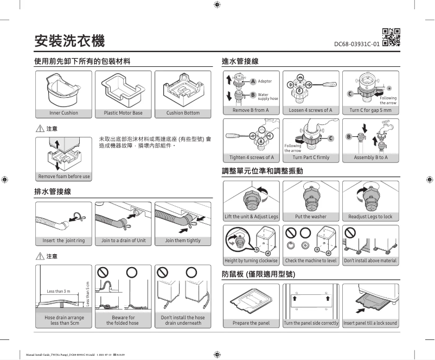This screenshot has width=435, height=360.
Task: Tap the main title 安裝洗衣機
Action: pyautogui.click(x=69, y=40)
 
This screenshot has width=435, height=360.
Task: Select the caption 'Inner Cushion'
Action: pyautogui.click(x=63, y=113)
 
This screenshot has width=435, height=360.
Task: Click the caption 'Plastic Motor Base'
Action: pyautogui.click(x=123, y=113)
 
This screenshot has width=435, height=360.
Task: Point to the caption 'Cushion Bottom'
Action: pyautogui.click(x=183, y=113)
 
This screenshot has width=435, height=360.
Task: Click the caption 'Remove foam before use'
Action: pyautogui.click(x=63, y=176)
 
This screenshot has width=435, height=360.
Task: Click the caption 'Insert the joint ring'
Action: pyautogui.click(x=63, y=241)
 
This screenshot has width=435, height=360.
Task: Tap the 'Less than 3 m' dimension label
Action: pyautogui.click(x=58, y=292)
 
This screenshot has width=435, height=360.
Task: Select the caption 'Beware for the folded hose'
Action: pyautogui.click(x=123, y=320)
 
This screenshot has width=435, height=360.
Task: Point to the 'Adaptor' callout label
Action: pyautogui.click(x=265, y=81)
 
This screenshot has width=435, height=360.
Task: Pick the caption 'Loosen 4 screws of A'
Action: pyautogui.click(x=310, y=110)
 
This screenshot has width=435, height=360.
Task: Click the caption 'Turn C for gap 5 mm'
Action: pyautogui.click(x=370, y=110)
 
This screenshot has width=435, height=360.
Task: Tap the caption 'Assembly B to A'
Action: pyautogui.click(x=370, y=157)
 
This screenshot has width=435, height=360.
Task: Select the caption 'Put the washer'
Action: pyautogui.click(x=310, y=217)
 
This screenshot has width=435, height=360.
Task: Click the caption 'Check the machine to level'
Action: pyautogui.click(x=310, y=261)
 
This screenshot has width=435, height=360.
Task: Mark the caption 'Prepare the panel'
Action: pyautogui.click(x=252, y=323)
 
